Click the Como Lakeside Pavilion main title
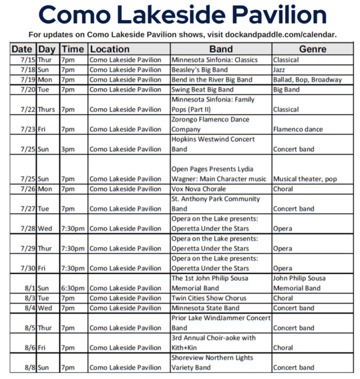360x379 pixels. point(180,15)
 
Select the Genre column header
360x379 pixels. point(312,49)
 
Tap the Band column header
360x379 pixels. point(220,49)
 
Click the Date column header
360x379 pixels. point(22,49)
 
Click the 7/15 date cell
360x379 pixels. point(25,59)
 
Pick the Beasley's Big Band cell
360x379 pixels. point(200,69)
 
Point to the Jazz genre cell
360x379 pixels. point(281,69)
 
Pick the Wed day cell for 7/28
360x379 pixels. point(46,229)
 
